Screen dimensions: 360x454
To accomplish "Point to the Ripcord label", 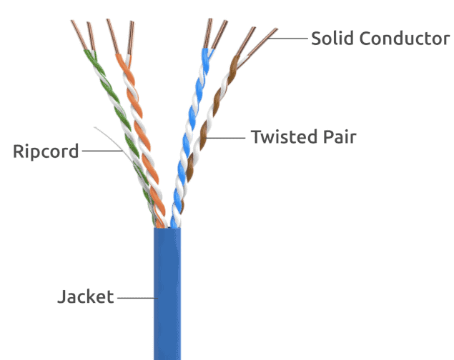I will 46,151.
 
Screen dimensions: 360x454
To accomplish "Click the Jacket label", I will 85,296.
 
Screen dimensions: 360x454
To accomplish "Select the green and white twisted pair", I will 118,114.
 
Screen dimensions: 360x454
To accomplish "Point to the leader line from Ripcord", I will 100,151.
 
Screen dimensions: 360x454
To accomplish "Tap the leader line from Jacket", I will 135,296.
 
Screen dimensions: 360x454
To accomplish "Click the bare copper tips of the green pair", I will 81,34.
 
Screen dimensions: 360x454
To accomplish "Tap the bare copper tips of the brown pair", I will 257,40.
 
